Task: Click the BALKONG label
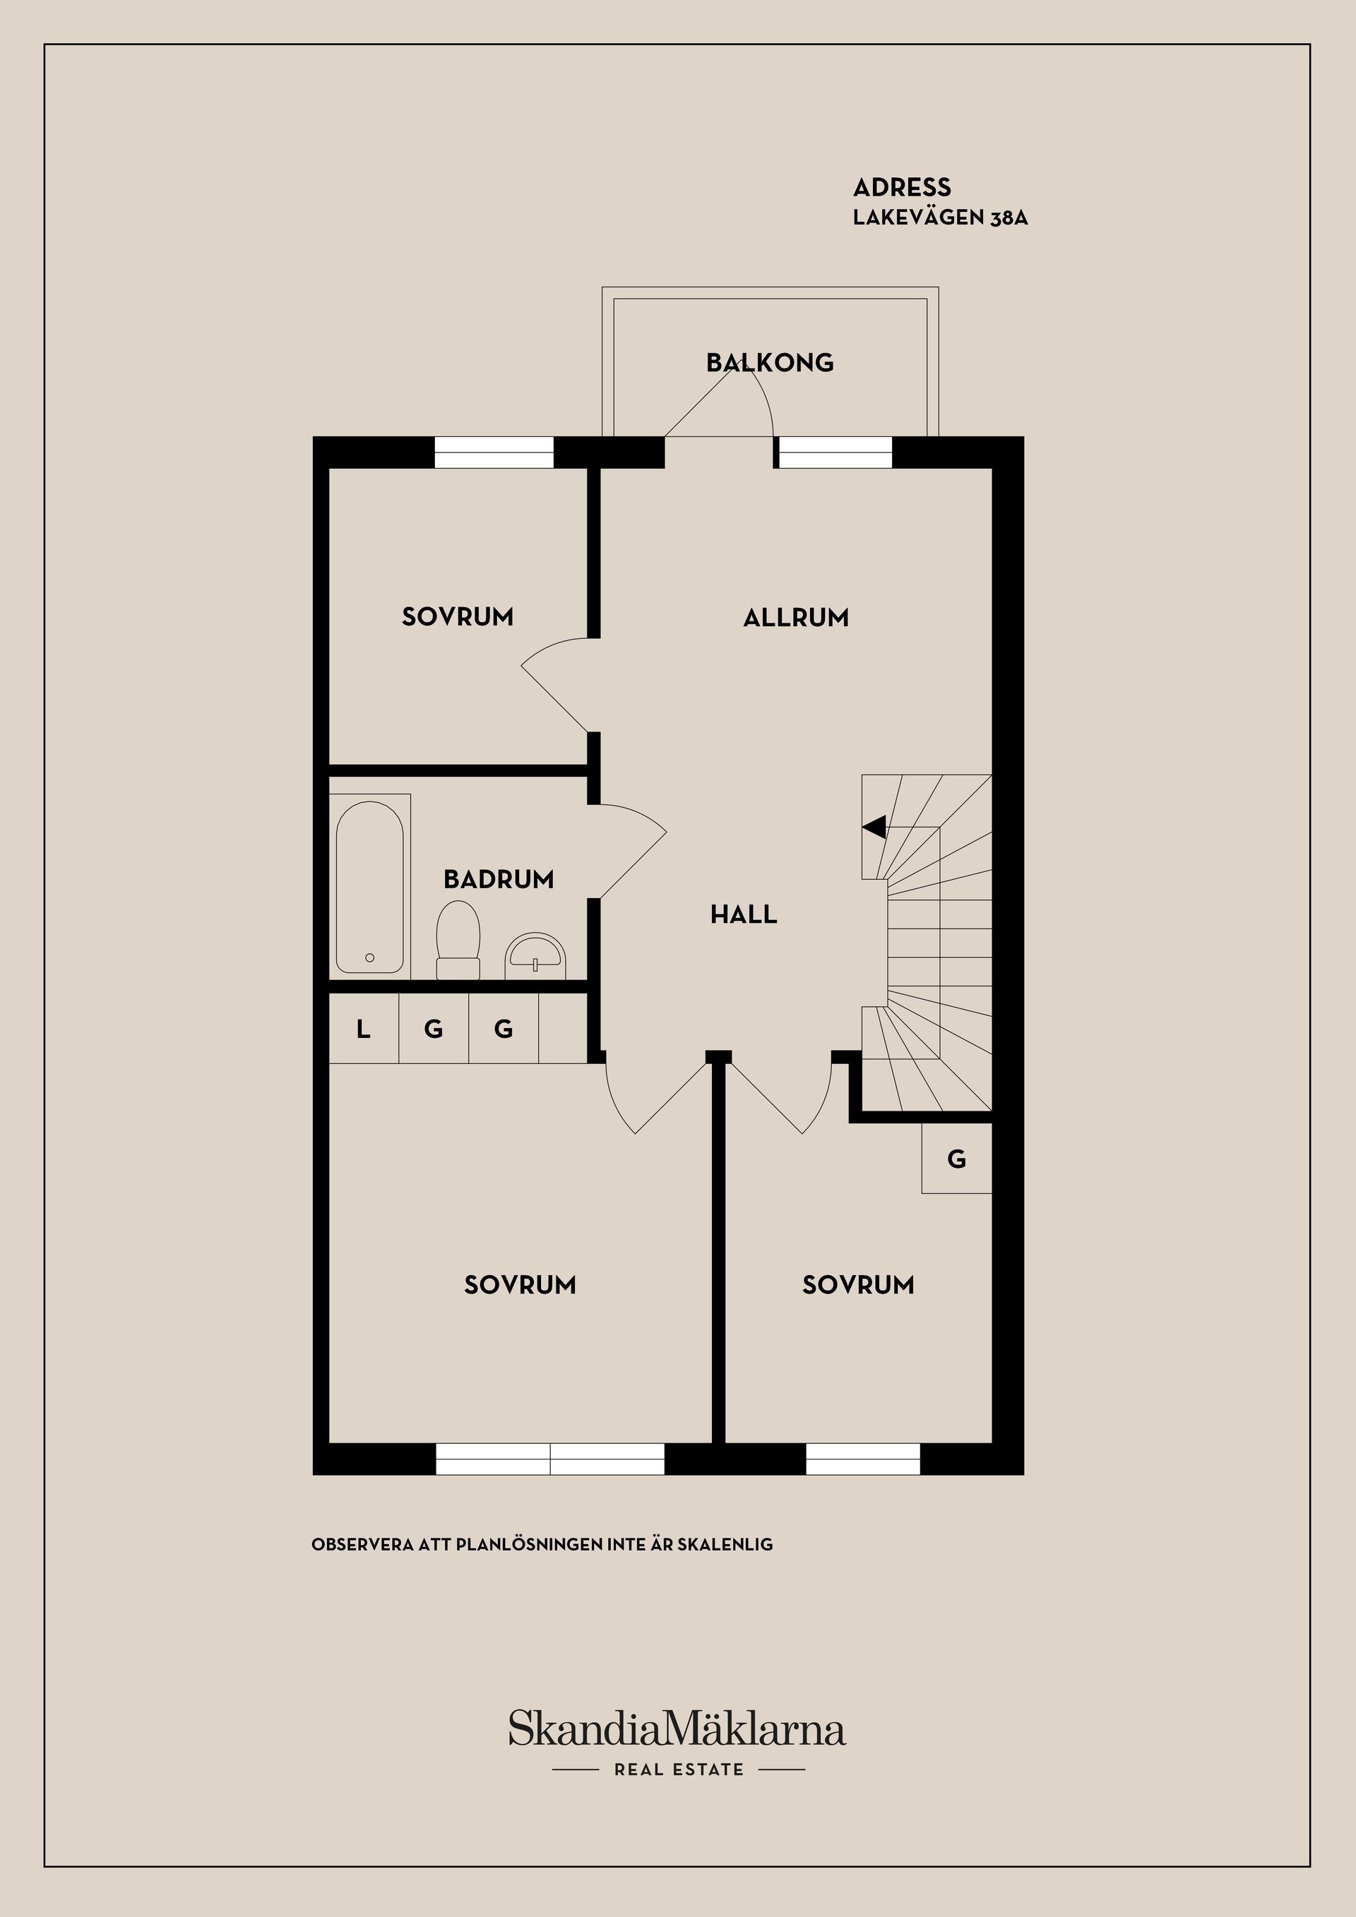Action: point(769,362)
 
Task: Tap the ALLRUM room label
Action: point(796,618)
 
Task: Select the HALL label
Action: point(743,915)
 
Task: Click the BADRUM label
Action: point(499,879)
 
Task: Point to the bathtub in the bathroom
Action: point(370,887)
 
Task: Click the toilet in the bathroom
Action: point(458,939)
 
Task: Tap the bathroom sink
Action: point(535,956)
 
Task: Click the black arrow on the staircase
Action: point(874,828)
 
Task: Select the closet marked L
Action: point(363,1029)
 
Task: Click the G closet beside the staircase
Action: point(957,1159)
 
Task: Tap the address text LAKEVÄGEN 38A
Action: point(939,218)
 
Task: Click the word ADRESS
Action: point(902,187)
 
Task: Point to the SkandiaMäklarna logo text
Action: point(677,1728)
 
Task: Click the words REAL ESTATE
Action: point(679,1769)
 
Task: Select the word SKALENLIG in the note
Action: point(725,1545)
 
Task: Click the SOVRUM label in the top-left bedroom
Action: point(458,617)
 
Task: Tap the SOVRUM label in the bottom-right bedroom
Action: point(858,1285)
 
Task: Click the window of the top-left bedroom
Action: point(494,453)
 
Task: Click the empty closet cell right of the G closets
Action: point(564,1029)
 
